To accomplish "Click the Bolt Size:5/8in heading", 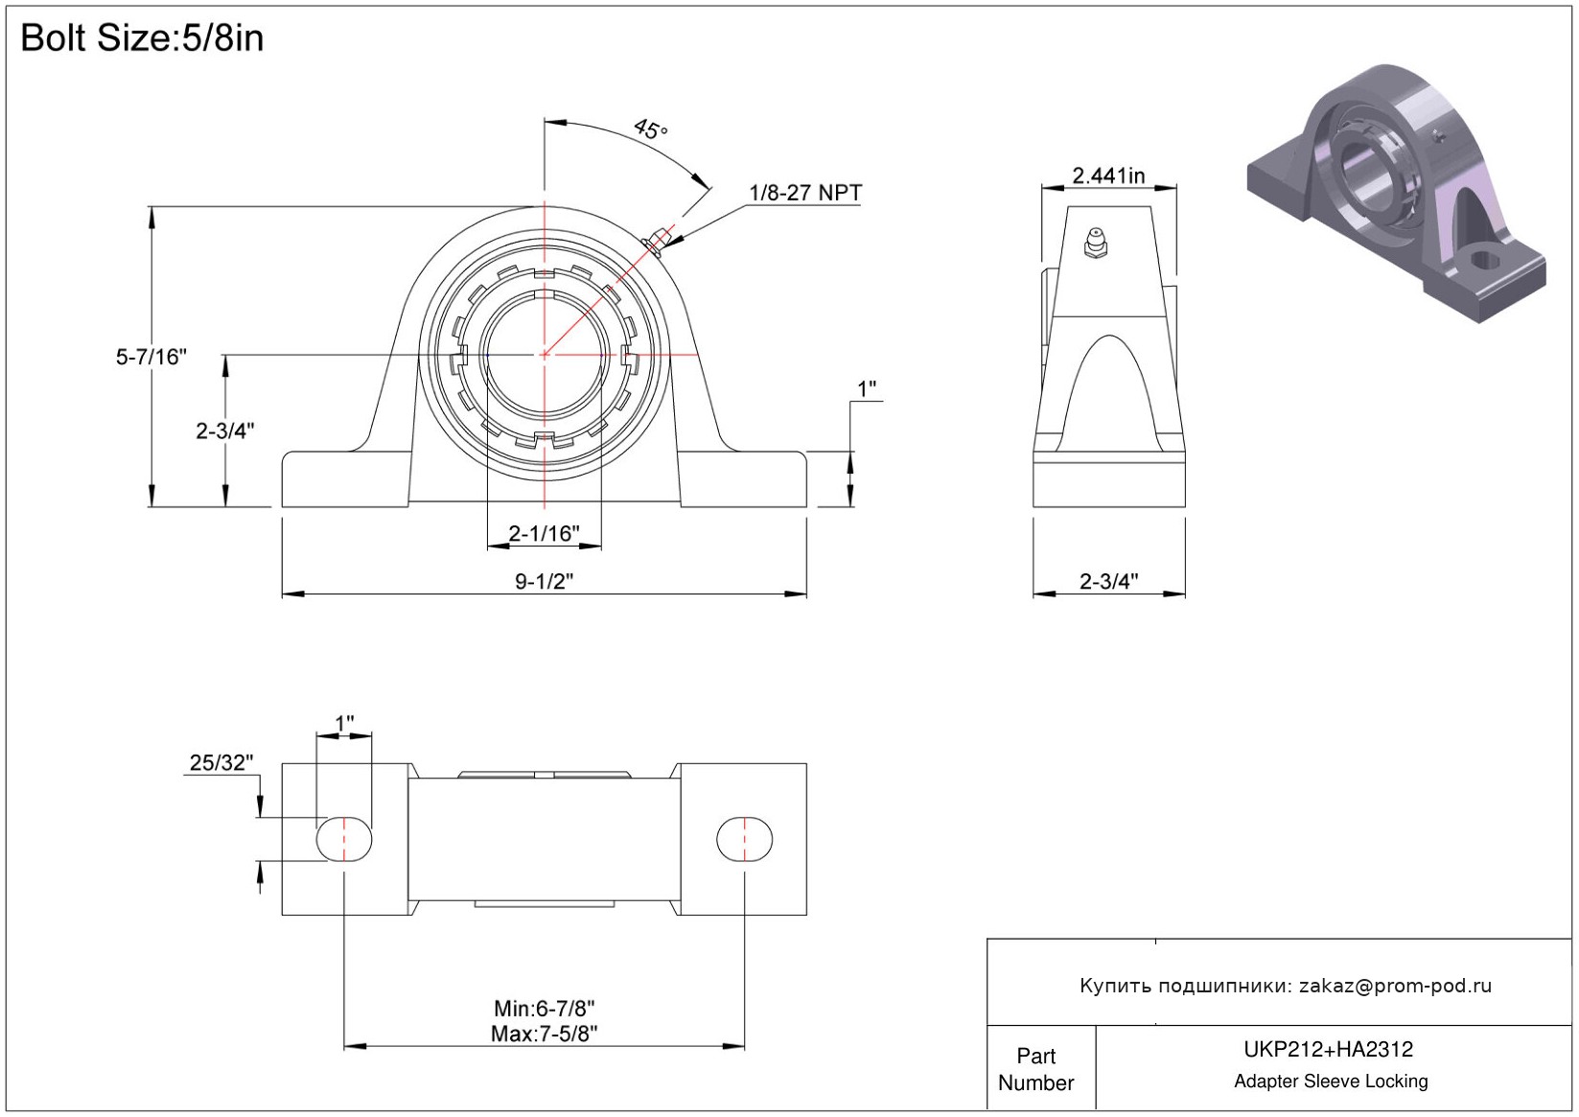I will point(142,38).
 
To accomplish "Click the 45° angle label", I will point(650,128).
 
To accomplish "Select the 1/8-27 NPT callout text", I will point(804,193).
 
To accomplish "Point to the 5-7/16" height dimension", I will point(151,357).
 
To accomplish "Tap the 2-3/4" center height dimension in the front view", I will point(224,431).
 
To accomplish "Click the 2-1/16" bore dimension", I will point(544,533).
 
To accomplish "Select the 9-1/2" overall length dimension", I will point(544,581).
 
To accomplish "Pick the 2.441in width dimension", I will point(1108,175).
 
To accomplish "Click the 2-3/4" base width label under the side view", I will point(1108,581).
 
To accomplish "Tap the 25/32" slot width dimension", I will point(221,762).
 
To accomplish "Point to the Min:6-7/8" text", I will point(544,1009).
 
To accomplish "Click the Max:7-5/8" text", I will point(544,1034).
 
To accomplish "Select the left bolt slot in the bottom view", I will point(344,840).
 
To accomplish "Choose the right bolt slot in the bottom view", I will point(744,840).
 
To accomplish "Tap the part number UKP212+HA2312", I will point(1328,1050).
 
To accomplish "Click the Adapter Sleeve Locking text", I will point(1331,1082).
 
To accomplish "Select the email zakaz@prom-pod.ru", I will point(1395,986).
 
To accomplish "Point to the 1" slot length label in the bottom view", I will point(344,722).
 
